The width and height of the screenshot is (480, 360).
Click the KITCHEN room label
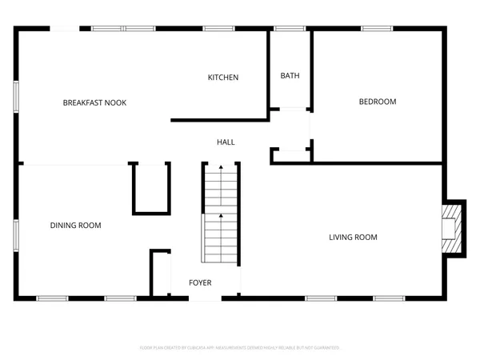pyautogui.click(x=223, y=78)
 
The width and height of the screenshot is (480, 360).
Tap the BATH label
pyautogui.click(x=290, y=76)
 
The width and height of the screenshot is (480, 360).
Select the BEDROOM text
pyautogui.click(x=377, y=102)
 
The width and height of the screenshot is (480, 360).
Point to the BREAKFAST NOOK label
pyautogui.click(x=95, y=102)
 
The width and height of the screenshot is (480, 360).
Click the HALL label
pyautogui.click(x=226, y=142)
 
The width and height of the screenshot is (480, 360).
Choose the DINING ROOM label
pyautogui.click(x=76, y=226)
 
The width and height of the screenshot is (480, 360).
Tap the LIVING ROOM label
pyautogui.click(x=353, y=237)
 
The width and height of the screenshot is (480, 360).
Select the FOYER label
pyautogui.click(x=200, y=283)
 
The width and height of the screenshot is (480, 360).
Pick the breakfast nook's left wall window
pyautogui.click(x=16, y=97)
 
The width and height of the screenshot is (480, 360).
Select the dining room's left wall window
pyautogui.click(x=16, y=232)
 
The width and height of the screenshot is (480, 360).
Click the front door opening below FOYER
pyautogui.click(x=206, y=298)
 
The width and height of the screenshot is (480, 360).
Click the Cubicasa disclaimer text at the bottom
pyautogui.click(x=240, y=348)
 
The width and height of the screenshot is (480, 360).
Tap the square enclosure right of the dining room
pyautogui.click(x=150, y=187)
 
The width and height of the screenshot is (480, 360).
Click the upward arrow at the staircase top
pyautogui.click(x=221, y=167)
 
